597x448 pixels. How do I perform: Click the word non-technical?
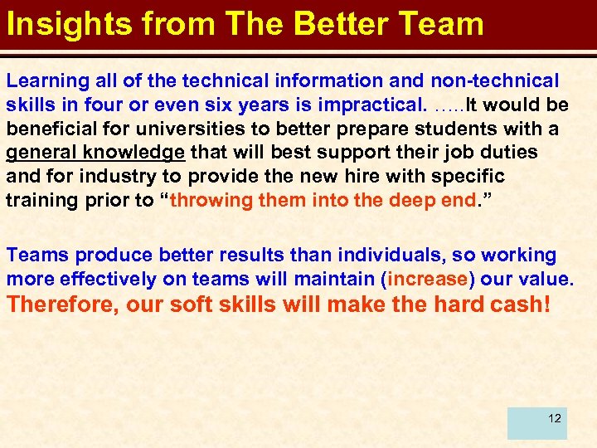[495, 80]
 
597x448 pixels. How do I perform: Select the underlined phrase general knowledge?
[96, 153]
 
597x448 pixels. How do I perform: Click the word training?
[39, 201]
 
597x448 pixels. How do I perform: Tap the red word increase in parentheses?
[427, 280]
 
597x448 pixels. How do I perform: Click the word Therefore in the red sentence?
[63, 304]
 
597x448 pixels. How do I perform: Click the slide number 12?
[555, 418]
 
